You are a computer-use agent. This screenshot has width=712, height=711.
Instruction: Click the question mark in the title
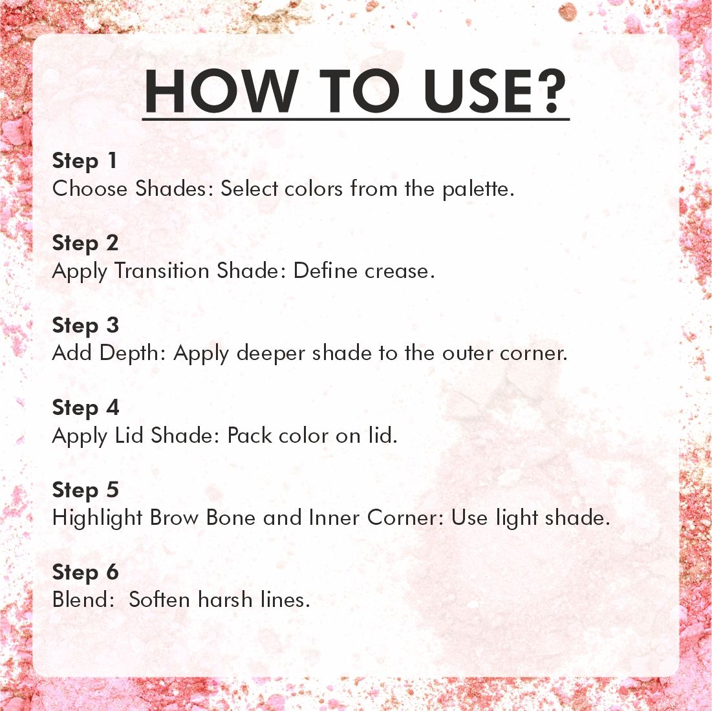click(551, 90)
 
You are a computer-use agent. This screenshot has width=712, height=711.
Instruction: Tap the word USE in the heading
click(477, 90)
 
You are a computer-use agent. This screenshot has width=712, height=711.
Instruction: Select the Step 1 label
click(85, 162)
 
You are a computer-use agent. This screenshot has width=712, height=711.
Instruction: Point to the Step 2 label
click(85, 244)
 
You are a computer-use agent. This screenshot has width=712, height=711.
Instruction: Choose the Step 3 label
click(85, 326)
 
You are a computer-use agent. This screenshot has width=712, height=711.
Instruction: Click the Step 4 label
click(85, 408)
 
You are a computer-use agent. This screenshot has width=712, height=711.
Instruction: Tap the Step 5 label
click(85, 490)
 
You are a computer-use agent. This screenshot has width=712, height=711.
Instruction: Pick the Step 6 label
click(85, 572)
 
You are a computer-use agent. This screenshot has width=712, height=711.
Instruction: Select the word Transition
click(161, 271)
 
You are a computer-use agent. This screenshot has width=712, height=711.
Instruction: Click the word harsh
click(225, 600)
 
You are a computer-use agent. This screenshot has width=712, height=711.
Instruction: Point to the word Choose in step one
click(90, 189)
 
